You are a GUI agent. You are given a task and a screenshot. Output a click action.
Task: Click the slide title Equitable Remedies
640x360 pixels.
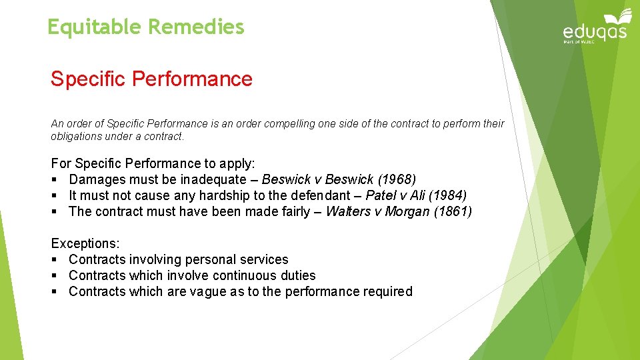(x=146, y=27)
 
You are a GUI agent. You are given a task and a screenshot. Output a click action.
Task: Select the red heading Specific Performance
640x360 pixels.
(x=151, y=79)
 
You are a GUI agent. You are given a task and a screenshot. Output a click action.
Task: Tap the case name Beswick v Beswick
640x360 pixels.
(x=311, y=179)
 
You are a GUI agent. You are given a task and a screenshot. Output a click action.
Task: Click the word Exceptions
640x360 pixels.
(x=83, y=243)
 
